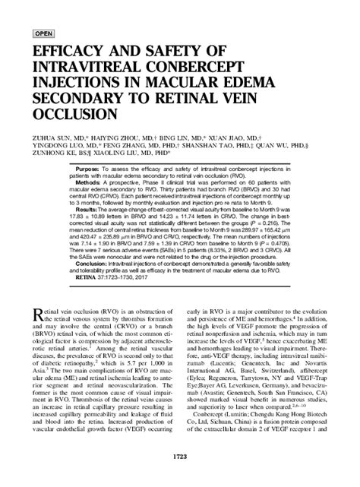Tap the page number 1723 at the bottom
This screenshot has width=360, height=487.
(180, 478)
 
